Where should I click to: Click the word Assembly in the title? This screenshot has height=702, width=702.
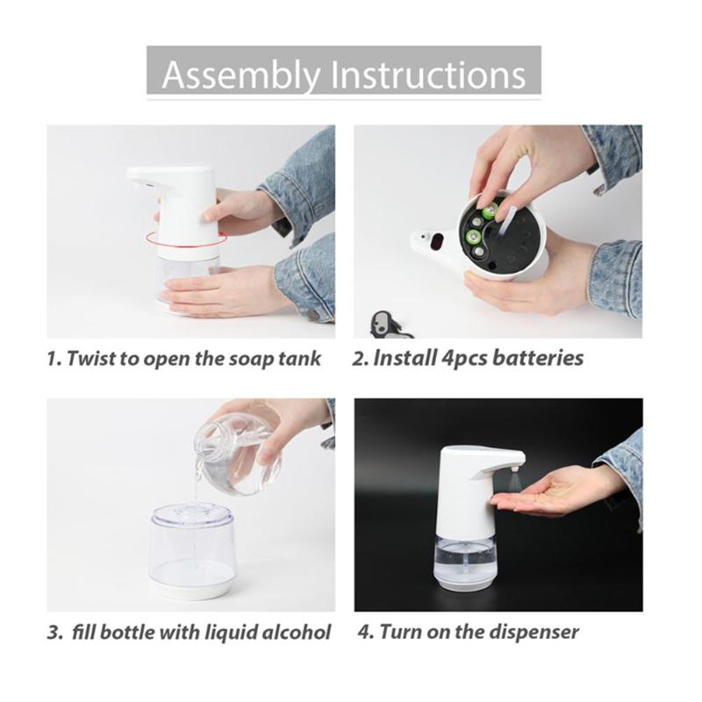point(241,75)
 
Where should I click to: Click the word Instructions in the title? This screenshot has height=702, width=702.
point(428,75)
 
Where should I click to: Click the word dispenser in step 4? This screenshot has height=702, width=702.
point(534,633)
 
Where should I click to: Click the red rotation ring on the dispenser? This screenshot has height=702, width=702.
point(186,239)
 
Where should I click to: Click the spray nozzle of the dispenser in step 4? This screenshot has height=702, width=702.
point(514,469)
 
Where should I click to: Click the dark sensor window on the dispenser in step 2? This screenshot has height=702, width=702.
point(436,242)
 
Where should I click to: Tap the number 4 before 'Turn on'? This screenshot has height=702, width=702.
point(366,633)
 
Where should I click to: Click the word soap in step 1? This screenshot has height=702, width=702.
point(251,359)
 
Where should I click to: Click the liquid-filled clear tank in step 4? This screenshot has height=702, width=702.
point(466,561)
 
